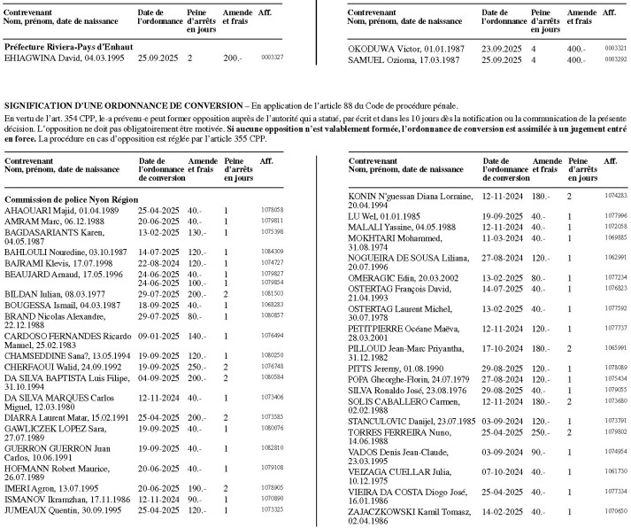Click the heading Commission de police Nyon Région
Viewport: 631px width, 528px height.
click(67, 201)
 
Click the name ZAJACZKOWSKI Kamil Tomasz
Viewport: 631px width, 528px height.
click(410, 511)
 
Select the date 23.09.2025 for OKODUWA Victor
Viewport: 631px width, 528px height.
click(499, 48)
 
